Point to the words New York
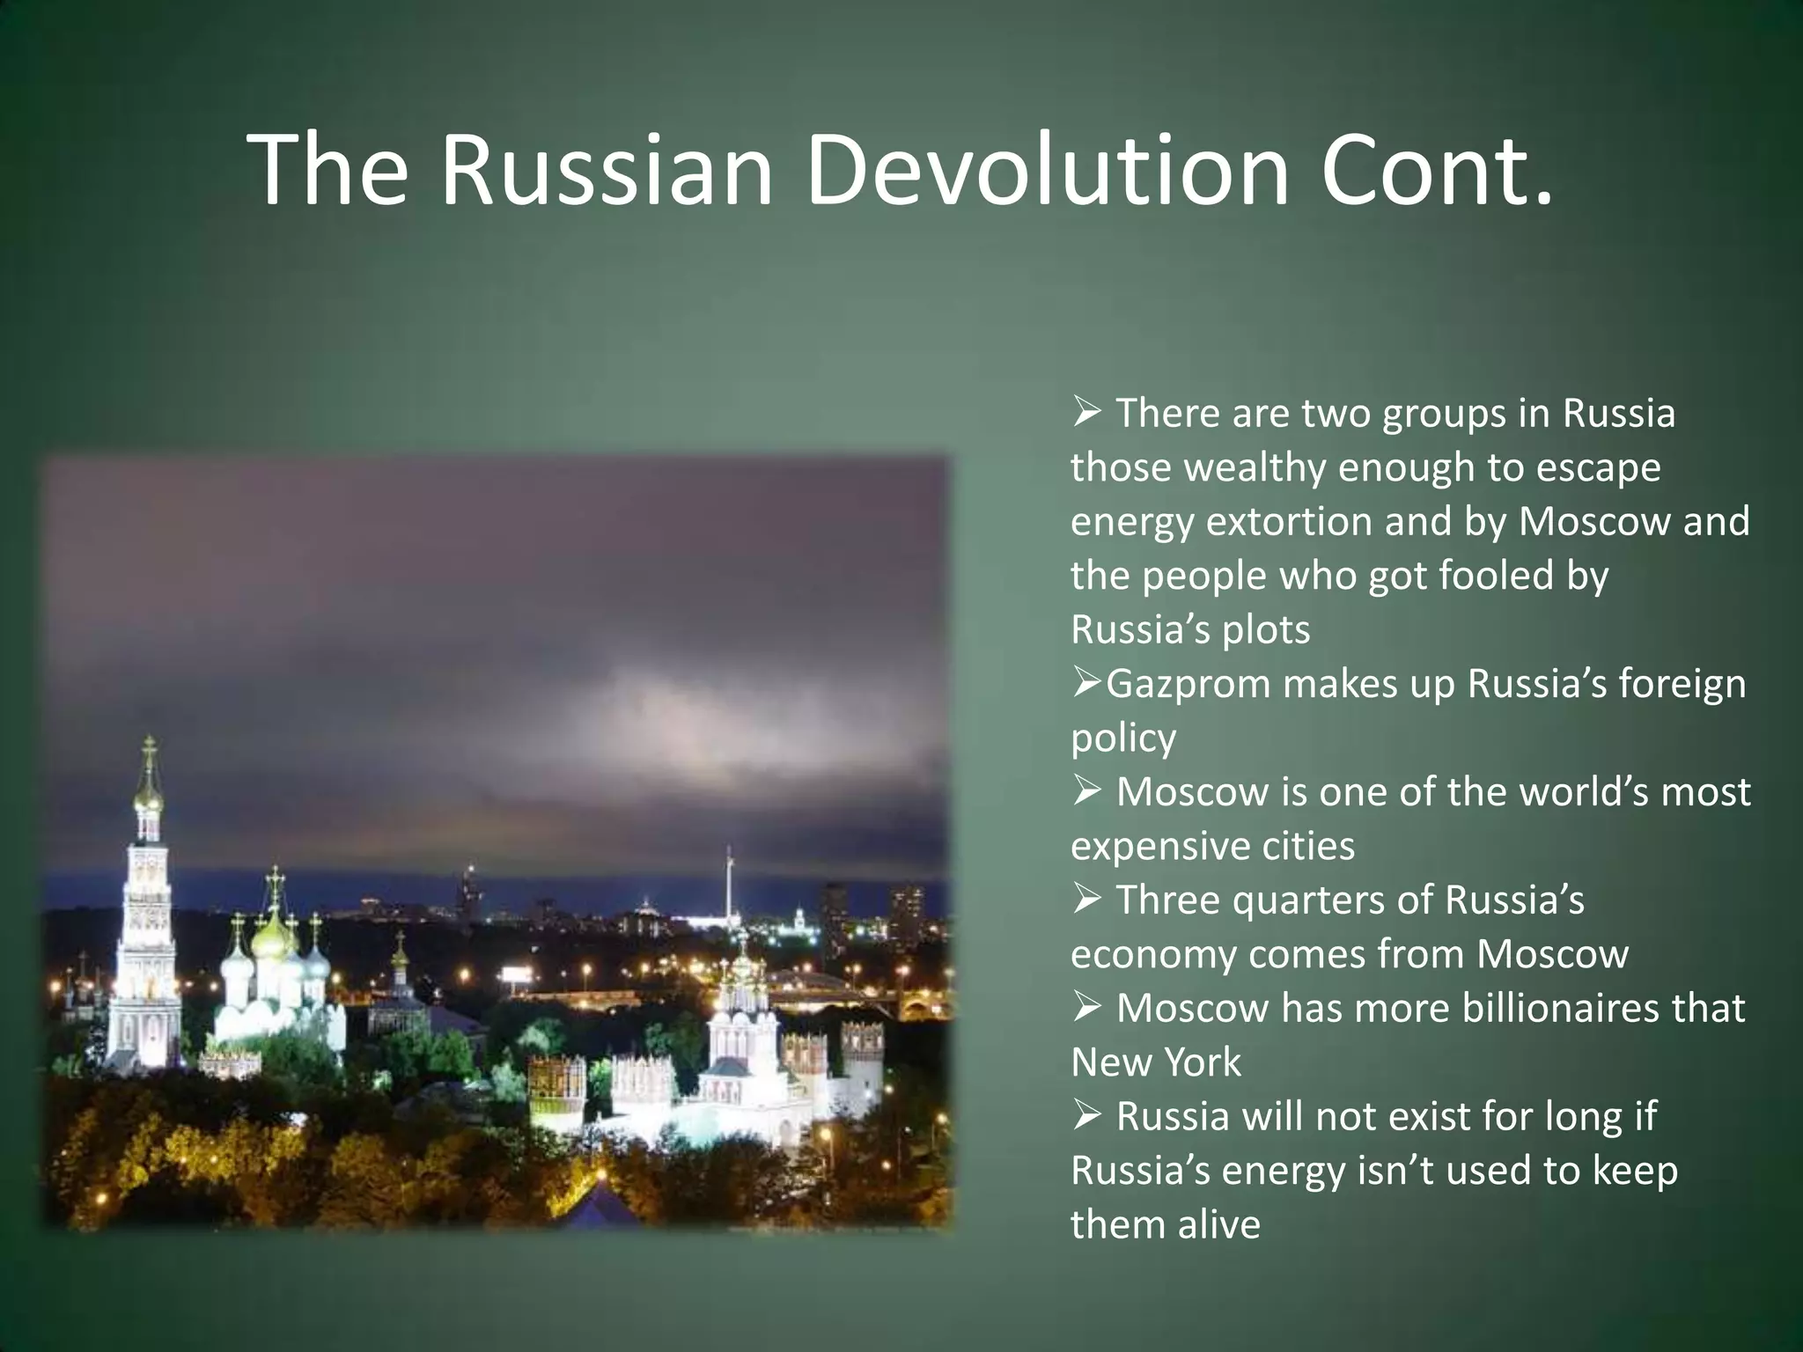(x=1155, y=1062)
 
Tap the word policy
(x=1122, y=738)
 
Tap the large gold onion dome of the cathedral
(x=275, y=942)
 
